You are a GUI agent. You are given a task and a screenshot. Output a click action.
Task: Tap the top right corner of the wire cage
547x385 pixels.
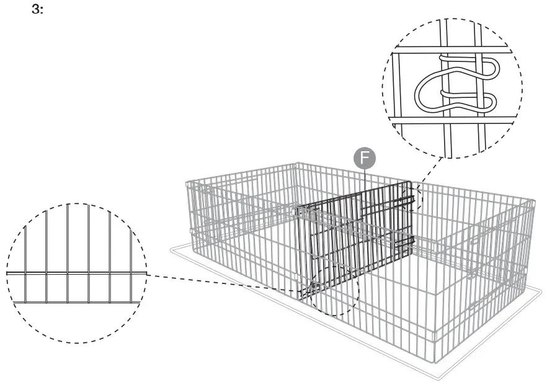tap(533, 201)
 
